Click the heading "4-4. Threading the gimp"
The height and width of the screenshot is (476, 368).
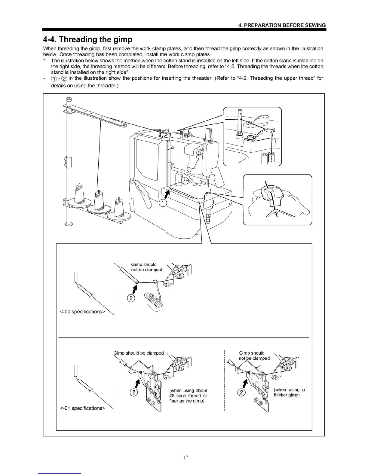point(87,39)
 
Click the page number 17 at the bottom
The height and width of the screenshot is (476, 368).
point(185,457)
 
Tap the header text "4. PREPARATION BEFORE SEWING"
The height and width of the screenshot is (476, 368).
point(282,25)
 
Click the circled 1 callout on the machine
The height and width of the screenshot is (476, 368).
point(163,203)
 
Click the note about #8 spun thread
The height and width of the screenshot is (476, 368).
point(188,396)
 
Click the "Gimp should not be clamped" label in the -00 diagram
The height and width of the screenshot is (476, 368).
point(146,267)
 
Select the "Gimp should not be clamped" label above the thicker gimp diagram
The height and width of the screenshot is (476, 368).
point(254,355)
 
